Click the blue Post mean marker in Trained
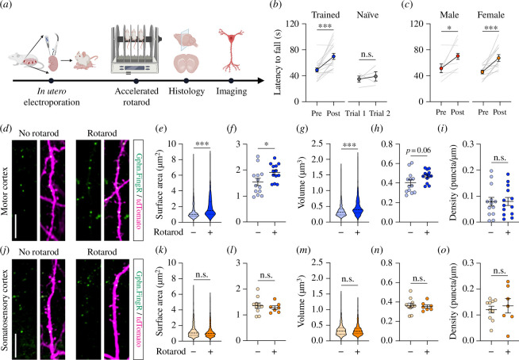click(333, 56)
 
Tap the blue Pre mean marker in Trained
click(317, 70)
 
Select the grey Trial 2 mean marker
click(375, 76)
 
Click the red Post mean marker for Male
click(458, 56)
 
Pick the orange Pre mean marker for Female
click(482, 72)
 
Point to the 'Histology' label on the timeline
click(186, 91)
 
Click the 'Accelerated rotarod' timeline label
click(136, 97)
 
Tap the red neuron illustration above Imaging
click(232, 50)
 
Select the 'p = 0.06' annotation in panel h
click(419, 151)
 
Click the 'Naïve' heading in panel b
click(367, 15)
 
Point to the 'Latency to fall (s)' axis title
click(278, 63)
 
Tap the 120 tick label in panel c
click(417, 24)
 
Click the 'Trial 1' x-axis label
click(356, 113)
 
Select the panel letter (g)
click(302, 128)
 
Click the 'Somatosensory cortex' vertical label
click(5, 310)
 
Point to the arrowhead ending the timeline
click(261, 80)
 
